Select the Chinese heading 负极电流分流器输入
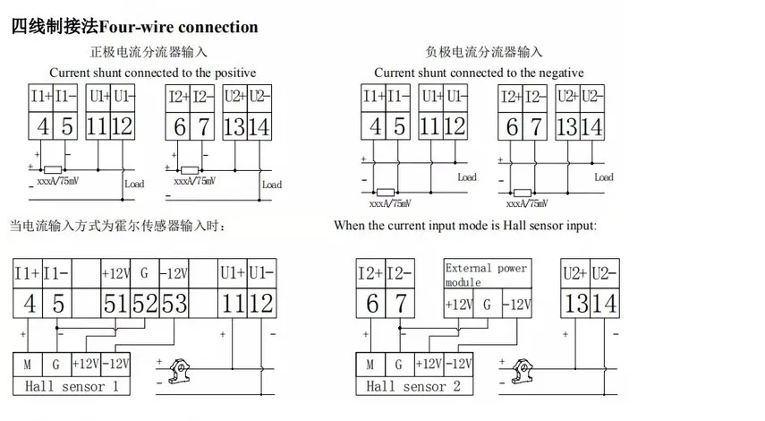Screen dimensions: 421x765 483,52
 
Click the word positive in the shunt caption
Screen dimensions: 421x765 231,73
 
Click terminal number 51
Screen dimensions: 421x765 115,304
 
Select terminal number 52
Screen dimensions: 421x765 145,304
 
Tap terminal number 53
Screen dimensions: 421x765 174,304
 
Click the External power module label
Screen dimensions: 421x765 486,274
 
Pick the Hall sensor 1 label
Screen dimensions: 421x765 72,387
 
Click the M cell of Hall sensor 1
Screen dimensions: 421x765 27,365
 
